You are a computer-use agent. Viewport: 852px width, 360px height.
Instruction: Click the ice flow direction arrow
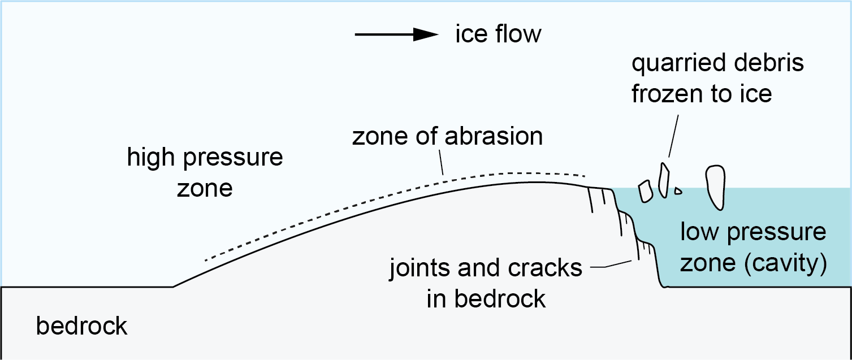(x=396, y=35)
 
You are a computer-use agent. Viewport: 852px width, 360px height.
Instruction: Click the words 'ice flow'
(x=498, y=34)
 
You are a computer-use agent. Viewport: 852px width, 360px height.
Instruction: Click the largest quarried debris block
(x=716, y=186)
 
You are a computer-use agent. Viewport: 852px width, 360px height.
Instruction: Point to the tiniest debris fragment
(x=678, y=191)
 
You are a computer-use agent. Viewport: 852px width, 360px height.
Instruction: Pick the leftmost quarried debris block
(x=645, y=191)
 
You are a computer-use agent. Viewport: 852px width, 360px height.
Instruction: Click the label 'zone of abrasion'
(x=447, y=137)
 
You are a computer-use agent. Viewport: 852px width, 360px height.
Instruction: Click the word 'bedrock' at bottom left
(x=82, y=326)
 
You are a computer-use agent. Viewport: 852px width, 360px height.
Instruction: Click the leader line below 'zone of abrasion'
(x=441, y=162)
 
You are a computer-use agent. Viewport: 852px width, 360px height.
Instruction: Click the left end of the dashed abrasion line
(x=206, y=261)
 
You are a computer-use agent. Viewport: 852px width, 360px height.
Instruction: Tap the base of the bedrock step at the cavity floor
(x=666, y=287)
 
